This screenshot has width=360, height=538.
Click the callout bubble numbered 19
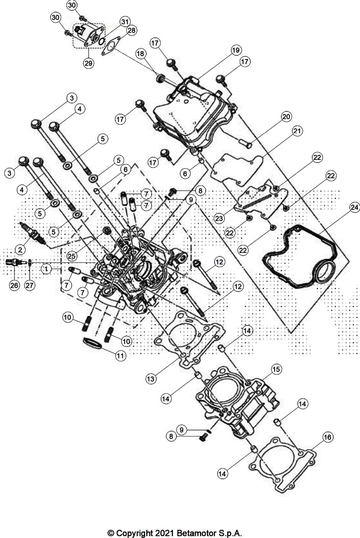[236, 50]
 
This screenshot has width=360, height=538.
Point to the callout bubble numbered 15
[276, 369]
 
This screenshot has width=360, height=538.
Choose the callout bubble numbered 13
[151, 379]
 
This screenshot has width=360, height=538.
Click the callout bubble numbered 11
[121, 356]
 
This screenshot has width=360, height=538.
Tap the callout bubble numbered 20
[286, 116]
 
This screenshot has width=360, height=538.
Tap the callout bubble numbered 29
[89, 63]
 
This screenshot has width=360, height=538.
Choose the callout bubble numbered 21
[297, 131]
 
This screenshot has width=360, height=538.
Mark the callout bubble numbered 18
[141, 54]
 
